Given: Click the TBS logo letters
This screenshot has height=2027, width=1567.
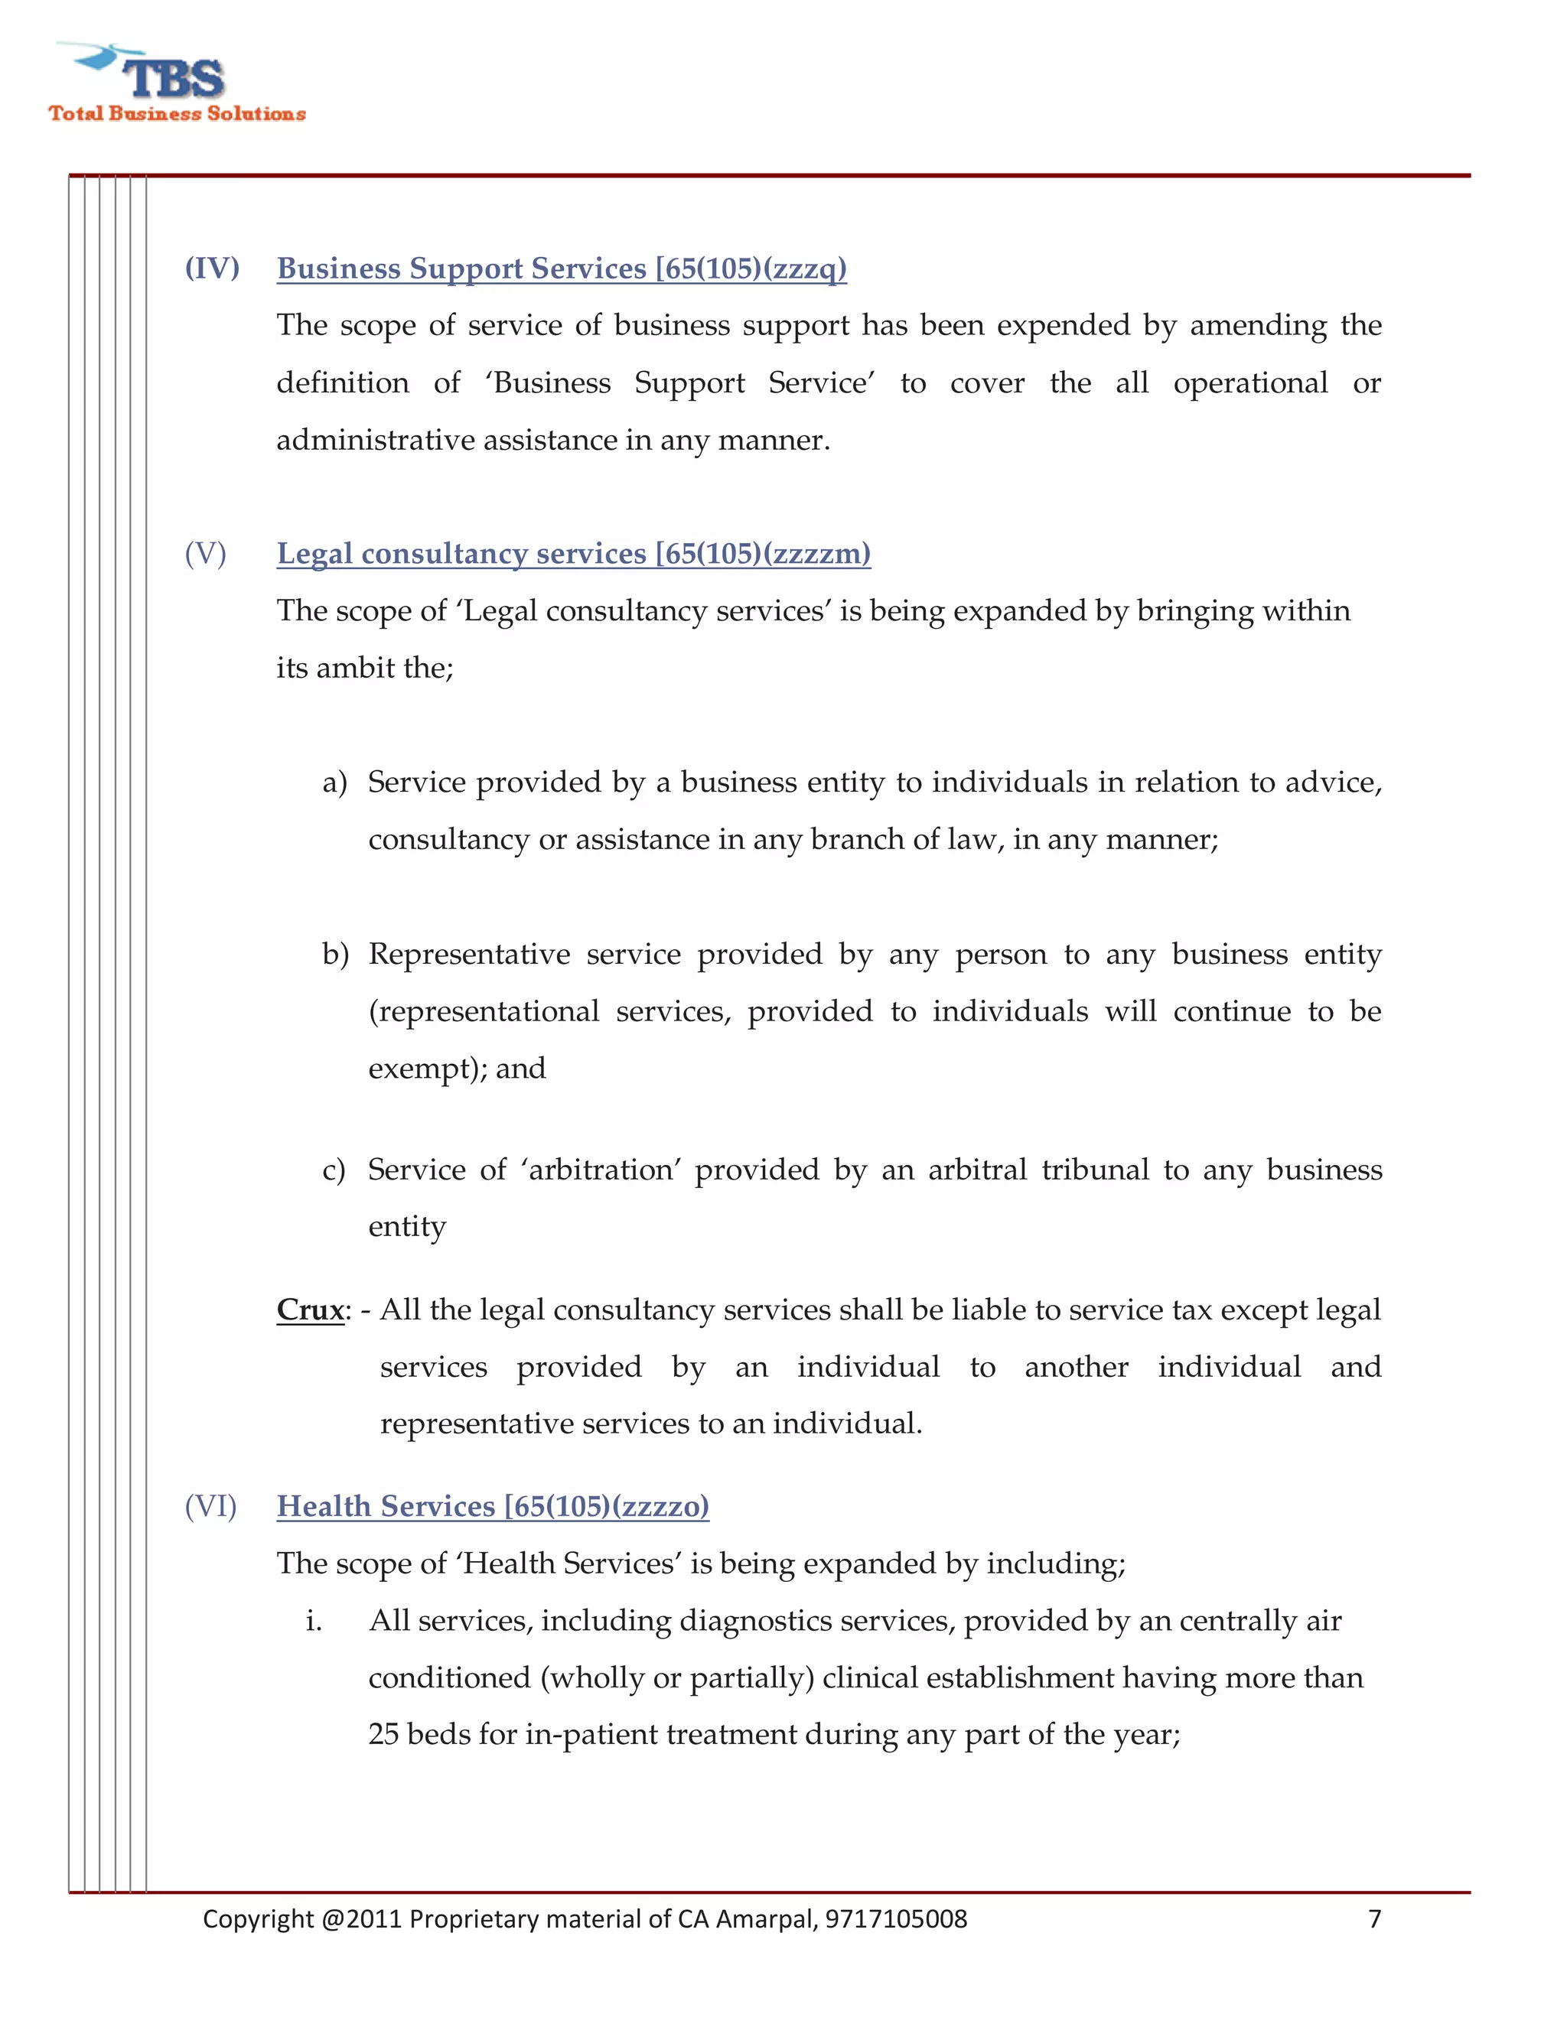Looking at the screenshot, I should pos(174,78).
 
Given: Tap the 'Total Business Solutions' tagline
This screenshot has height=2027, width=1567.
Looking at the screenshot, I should pos(178,113).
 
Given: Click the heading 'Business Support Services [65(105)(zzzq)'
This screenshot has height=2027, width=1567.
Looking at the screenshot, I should pos(562,268).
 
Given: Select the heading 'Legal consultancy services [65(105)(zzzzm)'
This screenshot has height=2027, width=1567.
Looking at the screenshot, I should pos(574,553).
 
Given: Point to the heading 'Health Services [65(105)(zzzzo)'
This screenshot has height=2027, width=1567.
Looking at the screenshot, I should pos(493,1505).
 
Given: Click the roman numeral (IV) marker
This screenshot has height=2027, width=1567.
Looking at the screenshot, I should pos(212,268).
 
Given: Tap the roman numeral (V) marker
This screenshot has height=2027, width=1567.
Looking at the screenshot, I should pos(205,553).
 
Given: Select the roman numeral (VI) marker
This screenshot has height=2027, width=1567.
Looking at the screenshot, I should pos(210,1505).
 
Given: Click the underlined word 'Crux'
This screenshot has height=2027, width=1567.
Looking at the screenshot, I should pos(310,1310).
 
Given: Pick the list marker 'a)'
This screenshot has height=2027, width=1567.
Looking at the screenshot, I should pos(334,782).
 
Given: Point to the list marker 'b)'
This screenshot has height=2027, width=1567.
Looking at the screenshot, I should pos(335,954).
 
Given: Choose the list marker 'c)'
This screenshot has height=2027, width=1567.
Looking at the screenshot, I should pos(334,1170).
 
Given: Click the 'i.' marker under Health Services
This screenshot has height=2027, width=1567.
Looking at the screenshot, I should pos(314,1621).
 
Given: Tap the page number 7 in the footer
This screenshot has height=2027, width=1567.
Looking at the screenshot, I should pos(1375,1918).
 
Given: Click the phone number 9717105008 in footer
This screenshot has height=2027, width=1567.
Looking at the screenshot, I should pos(896,1918).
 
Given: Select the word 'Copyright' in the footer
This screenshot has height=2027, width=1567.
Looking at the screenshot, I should pos(258,1918).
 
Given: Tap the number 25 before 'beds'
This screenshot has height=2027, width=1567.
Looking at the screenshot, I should pos(383,1734).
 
